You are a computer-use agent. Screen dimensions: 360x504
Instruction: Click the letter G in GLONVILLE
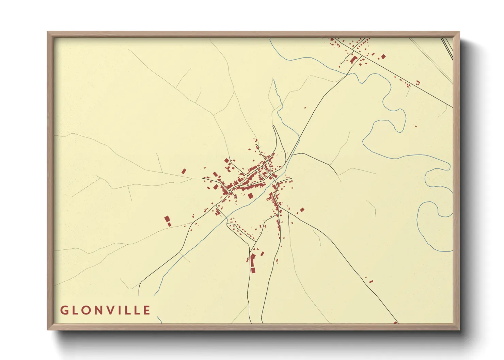point(64,310)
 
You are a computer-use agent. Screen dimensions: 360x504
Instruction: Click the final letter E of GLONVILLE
point(147,310)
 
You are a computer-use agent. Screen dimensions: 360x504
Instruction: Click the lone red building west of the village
point(184,171)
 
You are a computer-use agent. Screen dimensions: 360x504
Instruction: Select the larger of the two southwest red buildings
point(167,219)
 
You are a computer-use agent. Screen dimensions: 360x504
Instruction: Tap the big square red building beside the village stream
point(251,196)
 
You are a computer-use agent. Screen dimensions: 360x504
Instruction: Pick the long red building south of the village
point(252,260)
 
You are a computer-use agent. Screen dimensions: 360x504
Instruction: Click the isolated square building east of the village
point(302,210)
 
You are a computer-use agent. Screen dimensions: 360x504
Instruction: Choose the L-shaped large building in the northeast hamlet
point(353,60)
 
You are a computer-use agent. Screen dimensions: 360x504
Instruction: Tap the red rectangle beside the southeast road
point(371,281)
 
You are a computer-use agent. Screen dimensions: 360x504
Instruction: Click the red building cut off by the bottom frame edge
point(395,322)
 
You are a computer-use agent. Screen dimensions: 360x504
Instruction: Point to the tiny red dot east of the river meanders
point(415,126)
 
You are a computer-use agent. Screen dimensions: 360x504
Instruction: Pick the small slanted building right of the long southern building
point(262,253)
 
